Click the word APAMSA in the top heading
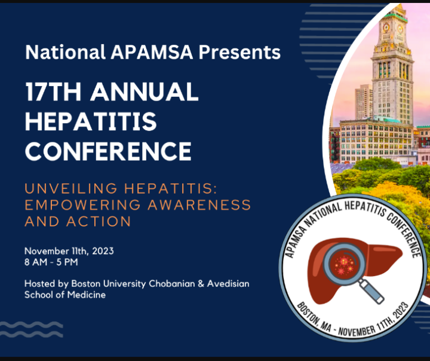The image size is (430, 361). point(152,52)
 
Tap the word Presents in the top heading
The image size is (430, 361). point(239,52)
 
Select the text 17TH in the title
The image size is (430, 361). point(53,91)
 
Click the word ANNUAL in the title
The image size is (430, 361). point(145,91)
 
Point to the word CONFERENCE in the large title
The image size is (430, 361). point(108,151)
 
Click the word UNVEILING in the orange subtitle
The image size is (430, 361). point(71,189)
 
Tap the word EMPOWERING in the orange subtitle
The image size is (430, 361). point(82,205)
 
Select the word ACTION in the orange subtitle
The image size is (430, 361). point(99,221)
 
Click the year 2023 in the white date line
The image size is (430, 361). point(103,251)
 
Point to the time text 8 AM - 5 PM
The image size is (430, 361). point(51,262)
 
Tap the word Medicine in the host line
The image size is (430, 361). point(87,295)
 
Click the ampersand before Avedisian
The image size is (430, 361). point(201,283)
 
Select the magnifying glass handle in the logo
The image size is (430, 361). point(371,291)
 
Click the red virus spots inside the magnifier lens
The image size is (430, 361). point(343,265)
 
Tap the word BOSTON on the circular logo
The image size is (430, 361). point(307,313)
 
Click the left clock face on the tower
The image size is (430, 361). point(386,27)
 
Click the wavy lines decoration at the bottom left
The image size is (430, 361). point(31,329)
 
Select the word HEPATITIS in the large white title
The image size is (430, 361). point(91,121)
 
